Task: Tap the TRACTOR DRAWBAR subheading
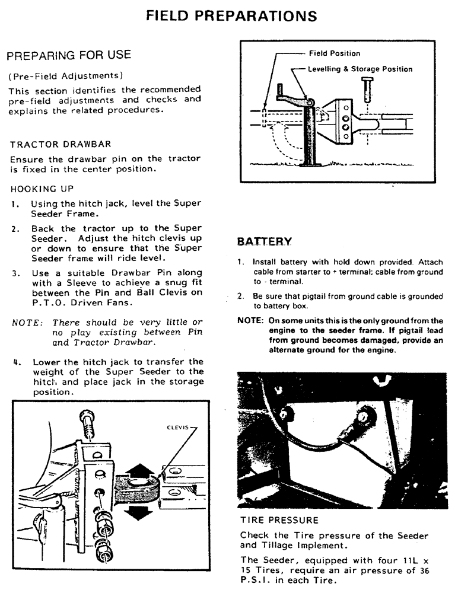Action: [60, 144]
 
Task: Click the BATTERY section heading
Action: [264, 241]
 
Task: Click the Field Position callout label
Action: [334, 53]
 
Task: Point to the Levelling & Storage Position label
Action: [360, 69]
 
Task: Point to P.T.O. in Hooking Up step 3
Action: [49, 302]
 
